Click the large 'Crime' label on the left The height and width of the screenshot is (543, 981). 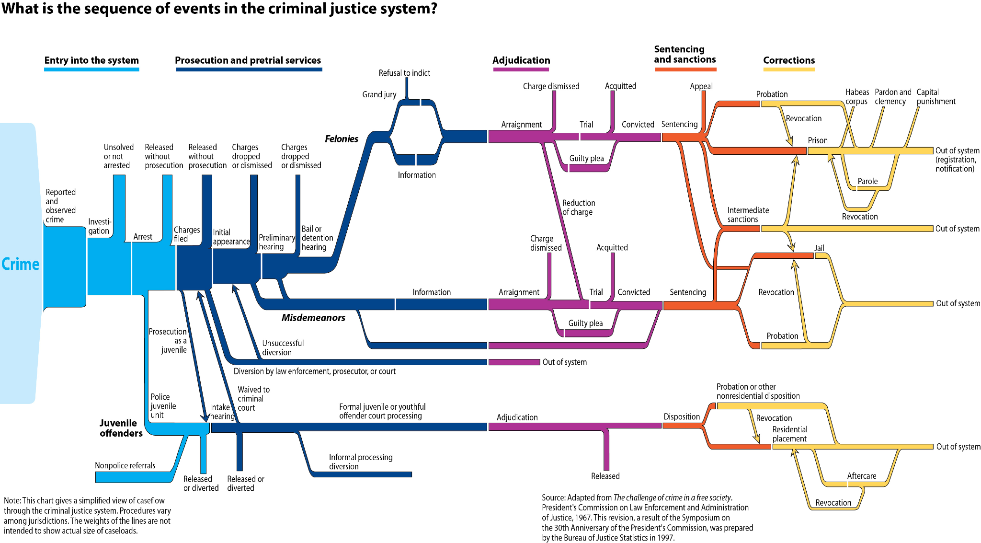[x=21, y=264]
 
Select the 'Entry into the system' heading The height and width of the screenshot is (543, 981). [x=91, y=60]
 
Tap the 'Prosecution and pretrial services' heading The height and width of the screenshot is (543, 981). [x=248, y=60]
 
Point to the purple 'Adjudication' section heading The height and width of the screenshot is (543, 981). [x=521, y=60]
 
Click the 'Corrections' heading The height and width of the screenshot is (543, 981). [x=789, y=60]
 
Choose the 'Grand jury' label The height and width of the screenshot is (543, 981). [x=379, y=94]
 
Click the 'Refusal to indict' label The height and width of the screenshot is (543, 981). [x=404, y=73]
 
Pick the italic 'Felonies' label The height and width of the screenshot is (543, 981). [x=342, y=139]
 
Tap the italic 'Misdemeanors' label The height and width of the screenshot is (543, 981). [x=313, y=318]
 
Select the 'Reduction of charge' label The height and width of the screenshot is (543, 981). [x=579, y=208]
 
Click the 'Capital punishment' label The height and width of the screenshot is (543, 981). [x=935, y=96]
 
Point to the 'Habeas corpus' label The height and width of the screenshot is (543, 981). [x=857, y=96]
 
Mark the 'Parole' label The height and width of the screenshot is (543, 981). [x=867, y=181]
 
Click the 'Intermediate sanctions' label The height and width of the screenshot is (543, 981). [x=748, y=215]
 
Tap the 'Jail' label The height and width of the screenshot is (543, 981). [x=819, y=248]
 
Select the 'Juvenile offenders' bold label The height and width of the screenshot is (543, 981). [x=121, y=428]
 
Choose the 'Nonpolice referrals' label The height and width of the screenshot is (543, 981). [x=125, y=465]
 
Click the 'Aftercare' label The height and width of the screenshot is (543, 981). [x=861, y=476]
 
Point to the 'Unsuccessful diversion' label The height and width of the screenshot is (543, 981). [x=283, y=347]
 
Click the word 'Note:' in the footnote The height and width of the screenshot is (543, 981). [x=12, y=500]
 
